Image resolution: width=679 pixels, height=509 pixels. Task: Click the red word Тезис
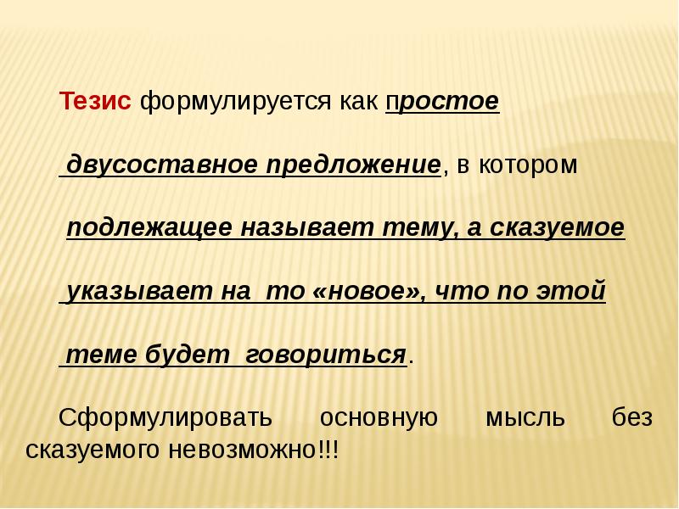point(95,101)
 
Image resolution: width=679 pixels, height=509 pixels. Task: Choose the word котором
point(528,165)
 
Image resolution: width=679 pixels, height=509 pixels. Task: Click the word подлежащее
point(149,227)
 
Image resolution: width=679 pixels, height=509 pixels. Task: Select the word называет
point(307,227)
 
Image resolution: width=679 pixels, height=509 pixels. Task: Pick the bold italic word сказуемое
point(558,227)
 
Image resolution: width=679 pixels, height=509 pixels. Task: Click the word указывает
point(138,291)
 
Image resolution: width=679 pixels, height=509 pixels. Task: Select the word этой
point(570,290)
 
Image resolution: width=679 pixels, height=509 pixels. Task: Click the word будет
point(187,354)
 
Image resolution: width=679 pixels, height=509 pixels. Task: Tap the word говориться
point(326,355)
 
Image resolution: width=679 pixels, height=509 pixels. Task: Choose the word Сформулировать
point(166,418)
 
